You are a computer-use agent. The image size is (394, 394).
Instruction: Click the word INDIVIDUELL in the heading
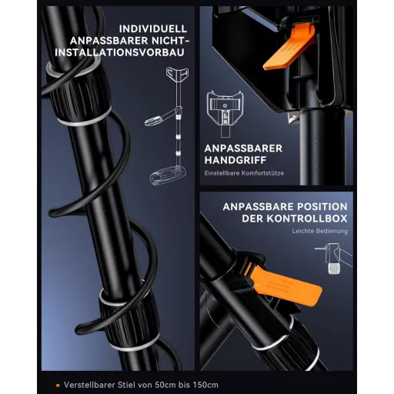pyautogui.click(x=153, y=28)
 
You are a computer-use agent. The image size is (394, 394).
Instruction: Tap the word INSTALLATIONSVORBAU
pyautogui.click(x=119, y=52)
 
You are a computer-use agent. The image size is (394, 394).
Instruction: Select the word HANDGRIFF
pyautogui.click(x=235, y=160)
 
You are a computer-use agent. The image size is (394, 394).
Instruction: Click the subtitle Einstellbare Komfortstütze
pyautogui.click(x=244, y=173)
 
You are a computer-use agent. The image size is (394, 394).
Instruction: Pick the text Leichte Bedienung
pyautogui.click(x=320, y=231)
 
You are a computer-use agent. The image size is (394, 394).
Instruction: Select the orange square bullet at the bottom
pyautogui.click(x=58, y=385)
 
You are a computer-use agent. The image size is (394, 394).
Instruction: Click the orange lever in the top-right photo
pyautogui.click(x=290, y=48)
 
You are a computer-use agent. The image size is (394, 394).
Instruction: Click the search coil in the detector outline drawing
pyautogui.click(x=168, y=175)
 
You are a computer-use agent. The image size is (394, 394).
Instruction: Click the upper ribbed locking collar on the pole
pyautogui.click(x=80, y=92)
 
